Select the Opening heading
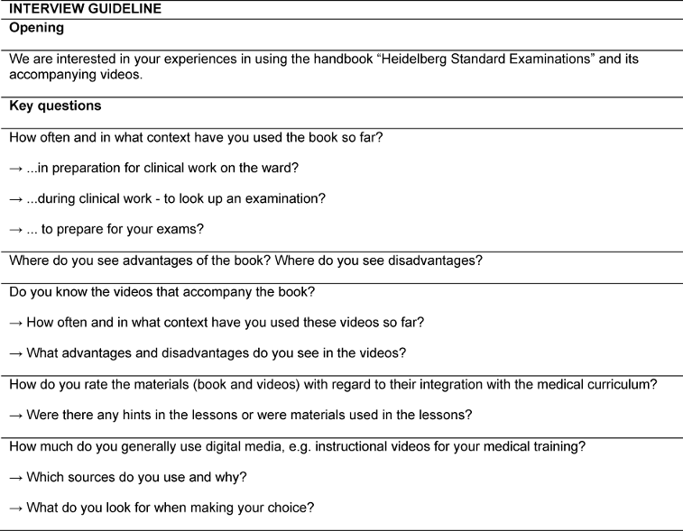click(x=36, y=27)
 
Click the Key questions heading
click(x=54, y=106)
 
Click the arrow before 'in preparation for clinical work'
click(x=16, y=169)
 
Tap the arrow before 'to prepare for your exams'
click(x=16, y=230)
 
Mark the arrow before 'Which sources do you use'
click(x=16, y=477)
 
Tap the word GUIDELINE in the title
click(x=124, y=8)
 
